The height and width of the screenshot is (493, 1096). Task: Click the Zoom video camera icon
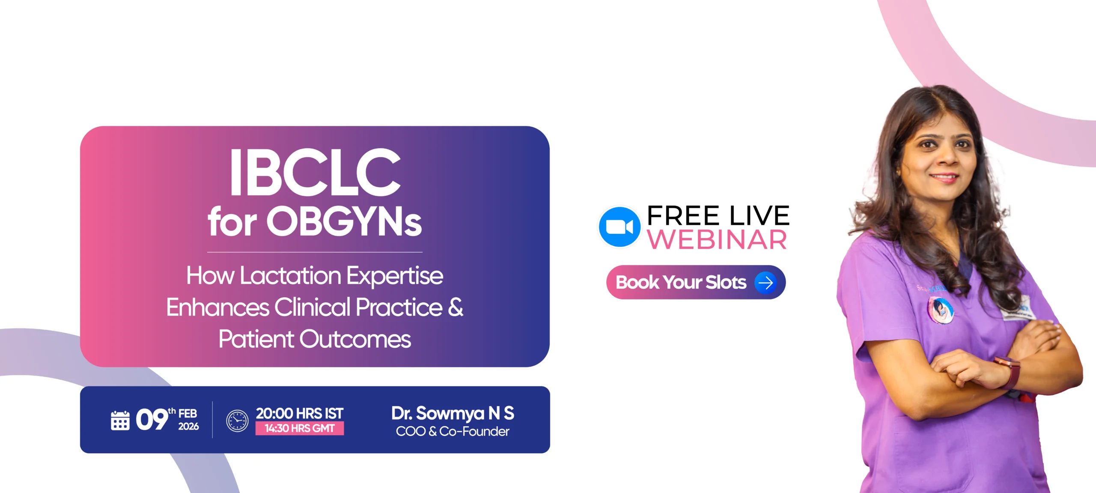[619, 227]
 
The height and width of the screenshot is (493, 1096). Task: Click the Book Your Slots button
[696, 282]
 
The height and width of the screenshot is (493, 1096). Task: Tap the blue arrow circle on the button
[765, 282]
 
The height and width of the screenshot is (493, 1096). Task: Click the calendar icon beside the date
[120, 420]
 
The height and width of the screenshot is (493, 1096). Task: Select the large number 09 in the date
[152, 419]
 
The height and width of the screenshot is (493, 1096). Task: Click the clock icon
[237, 421]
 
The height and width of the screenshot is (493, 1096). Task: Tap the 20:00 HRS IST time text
[300, 413]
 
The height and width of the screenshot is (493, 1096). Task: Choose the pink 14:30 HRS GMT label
[300, 428]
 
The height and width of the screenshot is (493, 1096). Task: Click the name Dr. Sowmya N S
[453, 413]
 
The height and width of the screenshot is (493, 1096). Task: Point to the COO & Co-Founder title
[453, 431]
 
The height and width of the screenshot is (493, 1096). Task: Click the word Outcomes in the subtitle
[355, 339]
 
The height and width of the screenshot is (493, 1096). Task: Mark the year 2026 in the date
[188, 426]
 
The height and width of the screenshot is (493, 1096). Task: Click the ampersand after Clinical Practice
[456, 307]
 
